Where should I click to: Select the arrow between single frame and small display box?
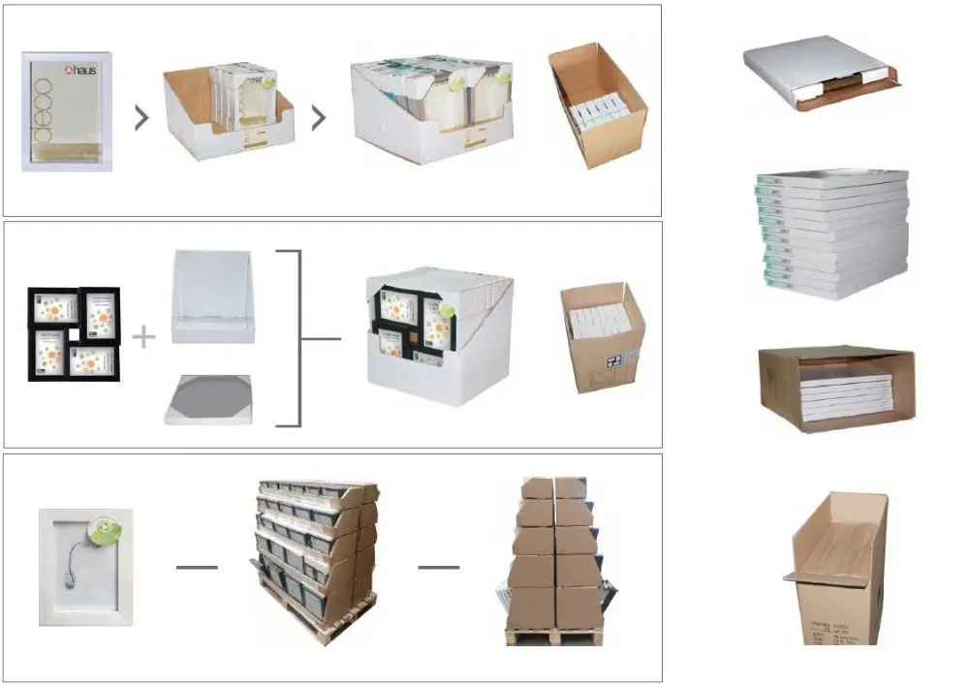tap(141, 118)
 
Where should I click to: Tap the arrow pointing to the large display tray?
tap(318, 118)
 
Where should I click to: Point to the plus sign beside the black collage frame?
tap(143, 337)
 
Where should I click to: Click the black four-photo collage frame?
tap(74, 333)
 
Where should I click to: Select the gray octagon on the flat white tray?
tap(208, 396)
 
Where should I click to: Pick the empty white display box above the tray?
tap(213, 296)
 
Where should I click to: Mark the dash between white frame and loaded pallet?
tap(197, 567)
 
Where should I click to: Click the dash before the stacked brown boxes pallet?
tap(438, 567)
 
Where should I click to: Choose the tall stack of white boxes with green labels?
tap(832, 233)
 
